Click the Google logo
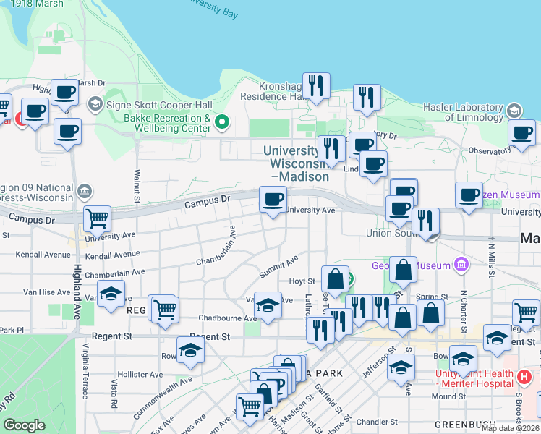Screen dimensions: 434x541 (25, 425)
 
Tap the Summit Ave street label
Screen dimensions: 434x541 (279, 269)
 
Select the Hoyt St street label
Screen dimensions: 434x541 (302, 281)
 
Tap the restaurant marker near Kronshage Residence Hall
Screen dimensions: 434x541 (316, 86)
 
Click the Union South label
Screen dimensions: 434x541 (386, 233)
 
